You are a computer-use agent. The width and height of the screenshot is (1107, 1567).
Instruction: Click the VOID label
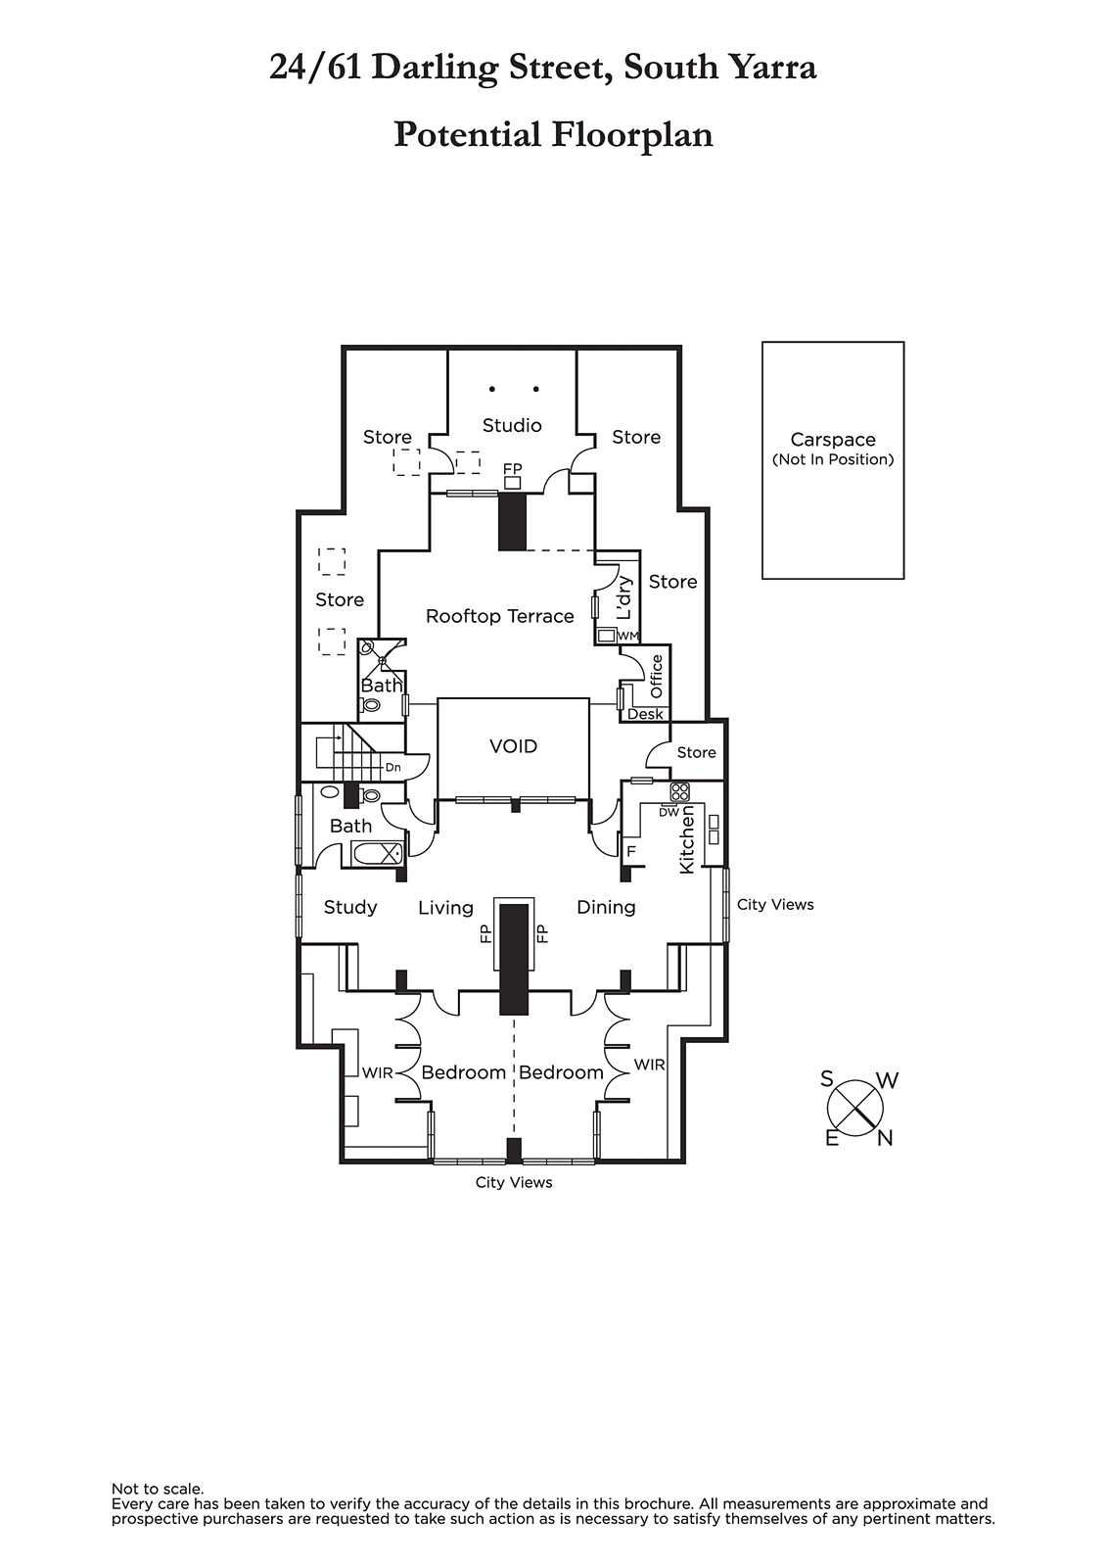(513, 746)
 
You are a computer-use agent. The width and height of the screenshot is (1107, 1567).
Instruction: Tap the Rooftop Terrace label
(499, 616)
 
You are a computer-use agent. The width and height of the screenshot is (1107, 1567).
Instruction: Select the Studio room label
(512, 425)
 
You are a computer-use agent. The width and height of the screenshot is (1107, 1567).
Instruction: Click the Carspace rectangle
(833, 460)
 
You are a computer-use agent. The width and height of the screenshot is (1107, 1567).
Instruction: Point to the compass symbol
(855, 1109)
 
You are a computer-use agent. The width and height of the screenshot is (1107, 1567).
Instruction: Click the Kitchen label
(687, 839)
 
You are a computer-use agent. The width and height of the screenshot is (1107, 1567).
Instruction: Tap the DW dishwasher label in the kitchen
(669, 812)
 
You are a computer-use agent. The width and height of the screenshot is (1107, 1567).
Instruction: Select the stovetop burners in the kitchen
(679, 791)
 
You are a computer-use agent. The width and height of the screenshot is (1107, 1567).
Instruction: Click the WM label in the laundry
(628, 637)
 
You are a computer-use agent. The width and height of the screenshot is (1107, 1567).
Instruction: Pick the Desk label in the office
(645, 714)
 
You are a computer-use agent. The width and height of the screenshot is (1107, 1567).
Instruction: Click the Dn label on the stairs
(392, 767)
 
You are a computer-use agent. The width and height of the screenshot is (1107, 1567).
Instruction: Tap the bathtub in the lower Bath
(377, 854)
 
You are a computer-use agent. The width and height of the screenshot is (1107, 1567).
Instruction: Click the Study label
(350, 907)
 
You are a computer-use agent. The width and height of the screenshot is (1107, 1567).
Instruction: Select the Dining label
(606, 907)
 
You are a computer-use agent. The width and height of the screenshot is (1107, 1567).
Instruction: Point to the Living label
(445, 908)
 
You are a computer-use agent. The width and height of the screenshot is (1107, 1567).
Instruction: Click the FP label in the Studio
(512, 469)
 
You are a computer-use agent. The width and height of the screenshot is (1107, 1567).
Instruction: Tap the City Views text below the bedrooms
(514, 1182)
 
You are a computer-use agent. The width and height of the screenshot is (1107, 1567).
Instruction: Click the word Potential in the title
(466, 134)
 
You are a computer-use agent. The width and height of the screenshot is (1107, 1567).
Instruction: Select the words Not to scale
(158, 1489)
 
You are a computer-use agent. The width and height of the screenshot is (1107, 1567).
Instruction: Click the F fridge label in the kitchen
(631, 851)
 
